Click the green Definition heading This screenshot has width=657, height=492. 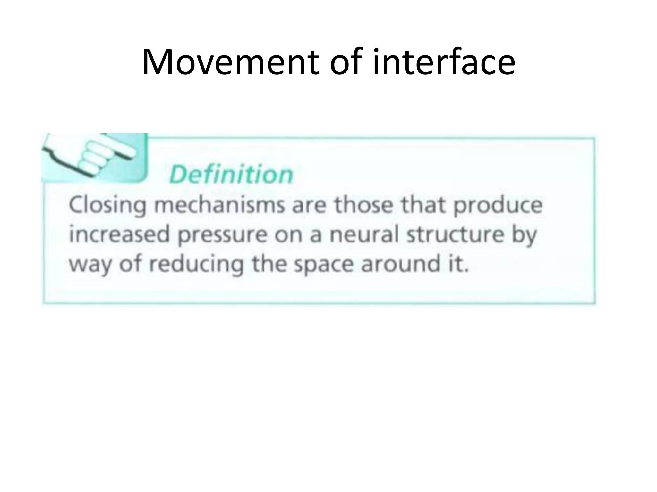(x=231, y=175)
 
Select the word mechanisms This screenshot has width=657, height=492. (x=219, y=205)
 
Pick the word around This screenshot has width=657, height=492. (x=401, y=265)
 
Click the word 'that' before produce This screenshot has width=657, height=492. (x=424, y=205)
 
